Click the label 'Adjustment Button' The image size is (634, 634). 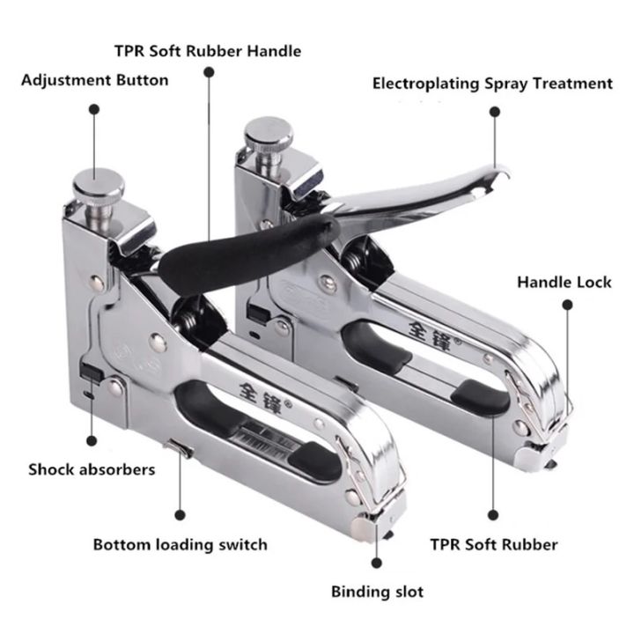94,80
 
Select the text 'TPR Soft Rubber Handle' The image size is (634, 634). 208,51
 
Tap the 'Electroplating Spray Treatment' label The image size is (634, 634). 492,84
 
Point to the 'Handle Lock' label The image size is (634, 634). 564,283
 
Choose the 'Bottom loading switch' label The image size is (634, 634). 180,544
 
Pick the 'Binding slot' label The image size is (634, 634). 377,590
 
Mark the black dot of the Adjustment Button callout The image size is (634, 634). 93,111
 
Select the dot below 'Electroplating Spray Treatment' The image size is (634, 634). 495,112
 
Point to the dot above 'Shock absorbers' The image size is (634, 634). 92,438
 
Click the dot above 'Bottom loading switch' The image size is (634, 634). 180,512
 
